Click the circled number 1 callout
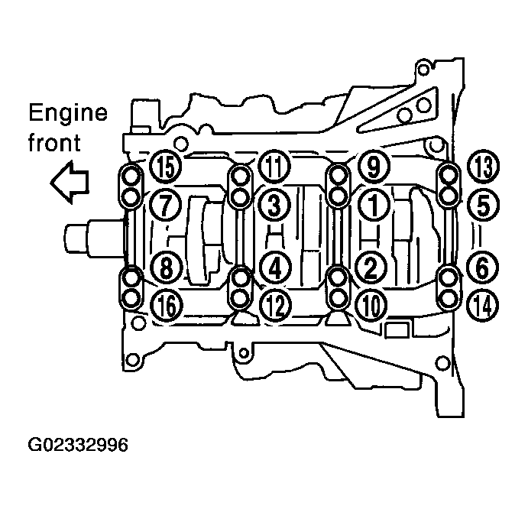point(373,205)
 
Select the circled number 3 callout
point(274,205)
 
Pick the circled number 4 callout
point(275,268)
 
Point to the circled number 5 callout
point(483,205)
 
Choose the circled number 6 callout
point(482,268)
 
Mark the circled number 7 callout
point(165,205)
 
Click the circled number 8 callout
point(166,268)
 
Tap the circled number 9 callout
point(374,166)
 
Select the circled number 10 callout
point(372,306)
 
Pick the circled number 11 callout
point(274,167)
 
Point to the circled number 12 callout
point(276,306)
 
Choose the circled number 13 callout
point(484,167)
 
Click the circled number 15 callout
point(165,167)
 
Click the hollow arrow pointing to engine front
point(70,182)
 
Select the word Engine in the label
point(68,112)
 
